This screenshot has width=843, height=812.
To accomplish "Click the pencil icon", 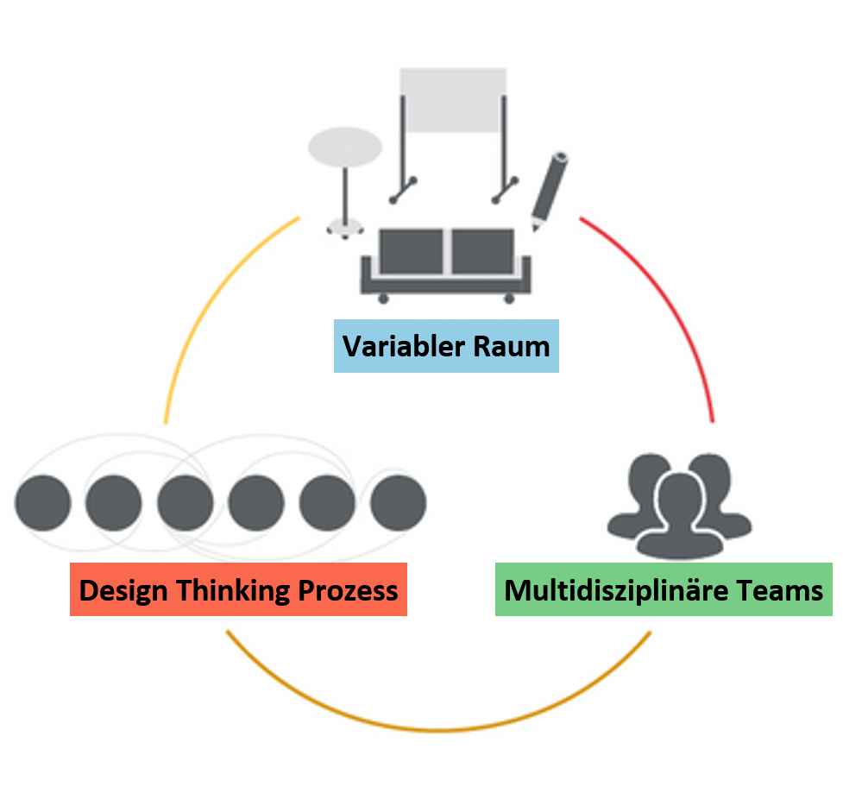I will coord(548,190).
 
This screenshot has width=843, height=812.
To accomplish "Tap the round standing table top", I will coord(345,148).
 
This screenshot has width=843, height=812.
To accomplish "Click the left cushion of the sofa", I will coord(412,251).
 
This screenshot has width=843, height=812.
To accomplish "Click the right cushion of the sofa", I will coord(483,251).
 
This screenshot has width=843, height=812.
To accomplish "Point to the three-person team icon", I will coord(680,505).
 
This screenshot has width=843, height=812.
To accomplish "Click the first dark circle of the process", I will coord(42,502).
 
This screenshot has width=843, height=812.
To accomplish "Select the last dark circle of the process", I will coord(398,502).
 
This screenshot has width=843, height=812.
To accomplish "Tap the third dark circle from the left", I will coord(185,502).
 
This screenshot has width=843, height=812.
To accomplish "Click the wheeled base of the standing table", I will coord(345,228).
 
